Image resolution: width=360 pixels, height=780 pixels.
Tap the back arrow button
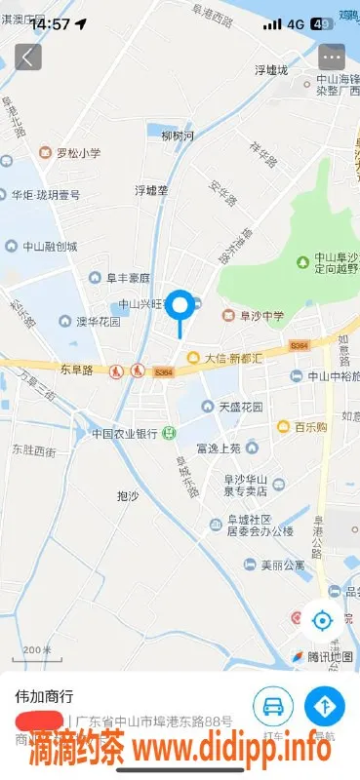coord(27,57)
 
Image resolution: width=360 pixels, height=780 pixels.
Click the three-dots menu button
coord(332,57)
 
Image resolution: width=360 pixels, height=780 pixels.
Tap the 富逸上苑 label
coord(218,448)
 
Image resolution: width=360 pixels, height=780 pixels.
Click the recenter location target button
coord(321,620)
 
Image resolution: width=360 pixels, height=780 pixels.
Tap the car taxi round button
coord(274,704)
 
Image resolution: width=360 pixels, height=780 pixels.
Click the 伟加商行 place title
coord(43,698)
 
